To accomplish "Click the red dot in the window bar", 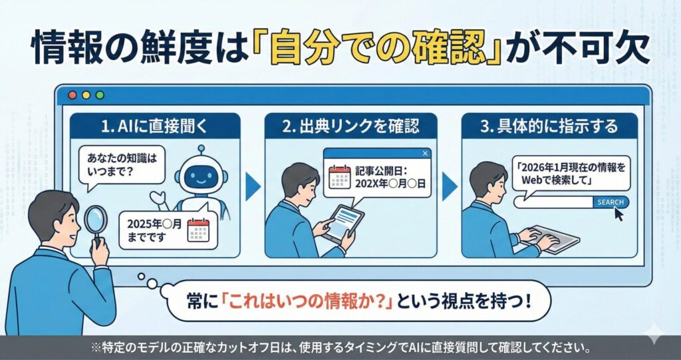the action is (x=72, y=94).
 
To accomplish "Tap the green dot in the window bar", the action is (x=100, y=94).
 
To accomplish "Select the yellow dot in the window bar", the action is (x=86, y=94).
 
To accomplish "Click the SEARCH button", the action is (x=611, y=202).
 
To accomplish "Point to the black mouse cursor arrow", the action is (x=618, y=214).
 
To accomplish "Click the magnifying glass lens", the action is (x=95, y=219).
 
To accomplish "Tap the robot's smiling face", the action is (x=200, y=178).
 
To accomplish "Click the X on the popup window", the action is (x=425, y=153).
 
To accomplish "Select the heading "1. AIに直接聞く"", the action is (x=154, y=126).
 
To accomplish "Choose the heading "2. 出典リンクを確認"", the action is (x=350, y=126).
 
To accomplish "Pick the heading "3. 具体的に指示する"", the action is (x=549, y=126).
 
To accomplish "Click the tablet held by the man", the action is (x=344, y=224).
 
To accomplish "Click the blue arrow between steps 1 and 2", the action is (x=253, y=187).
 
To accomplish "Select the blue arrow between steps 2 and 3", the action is (x=449, y=187).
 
